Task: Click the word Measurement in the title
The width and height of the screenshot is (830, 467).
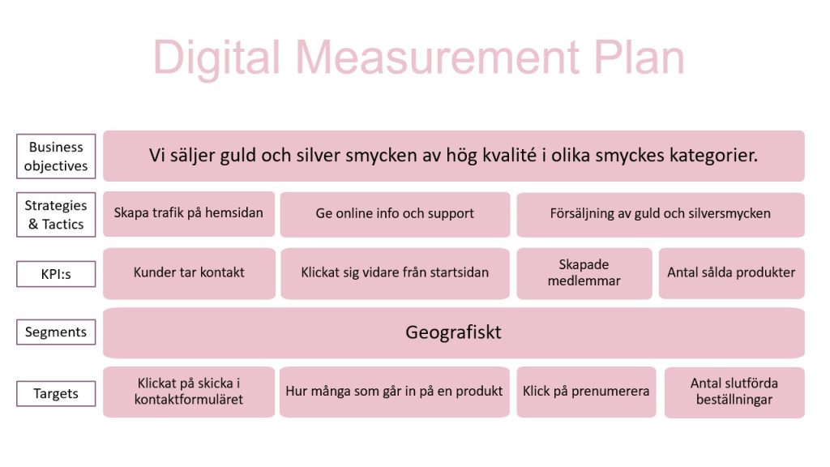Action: pos(437,58)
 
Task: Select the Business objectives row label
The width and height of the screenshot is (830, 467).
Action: pos(56,156)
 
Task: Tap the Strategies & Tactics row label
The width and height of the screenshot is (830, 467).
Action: pos(56,214)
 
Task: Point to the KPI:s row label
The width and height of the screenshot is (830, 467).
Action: pos(56,274)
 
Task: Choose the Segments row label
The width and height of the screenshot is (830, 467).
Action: pos(56,332)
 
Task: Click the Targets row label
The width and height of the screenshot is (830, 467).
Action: pos(56,393)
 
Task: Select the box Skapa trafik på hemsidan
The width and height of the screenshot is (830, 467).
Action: pos(189,214)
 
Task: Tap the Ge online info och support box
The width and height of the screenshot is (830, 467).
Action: pos(395,214)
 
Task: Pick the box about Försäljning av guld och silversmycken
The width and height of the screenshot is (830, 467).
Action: pos(661,214)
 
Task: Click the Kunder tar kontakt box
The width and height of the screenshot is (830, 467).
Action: pos(189,273)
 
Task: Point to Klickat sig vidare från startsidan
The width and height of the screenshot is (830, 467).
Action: pos(395,273)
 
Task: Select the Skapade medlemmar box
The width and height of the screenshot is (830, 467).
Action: pos(584,273)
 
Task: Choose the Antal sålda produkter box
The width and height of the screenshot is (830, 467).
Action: pos(732,273)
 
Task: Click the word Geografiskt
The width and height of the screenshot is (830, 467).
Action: pos(453,332)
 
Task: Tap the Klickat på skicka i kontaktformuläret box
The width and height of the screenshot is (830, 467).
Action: pos(189,392)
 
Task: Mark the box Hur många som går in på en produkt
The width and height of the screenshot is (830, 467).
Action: pos(395,392)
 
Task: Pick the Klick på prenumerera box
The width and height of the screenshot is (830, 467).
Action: pos(586,392)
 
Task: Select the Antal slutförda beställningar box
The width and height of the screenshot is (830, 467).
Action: pos(734,392)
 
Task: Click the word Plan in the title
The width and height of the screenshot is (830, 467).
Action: pos(639,58)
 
